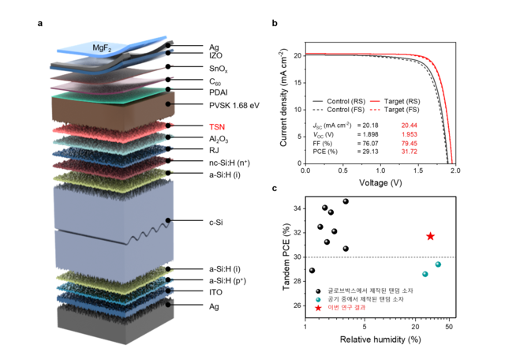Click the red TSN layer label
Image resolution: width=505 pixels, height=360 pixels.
[217, 127]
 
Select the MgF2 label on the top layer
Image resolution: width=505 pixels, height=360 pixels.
[102, 48]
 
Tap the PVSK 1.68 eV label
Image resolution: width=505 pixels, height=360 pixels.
[234, 105]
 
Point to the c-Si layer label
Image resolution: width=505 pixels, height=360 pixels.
[215, 223]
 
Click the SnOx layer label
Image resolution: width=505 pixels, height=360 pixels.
[218, 69]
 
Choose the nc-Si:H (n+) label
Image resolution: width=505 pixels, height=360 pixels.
[230, 163]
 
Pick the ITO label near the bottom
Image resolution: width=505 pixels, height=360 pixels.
[215, 292]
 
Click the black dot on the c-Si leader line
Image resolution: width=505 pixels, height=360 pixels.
[168, 220]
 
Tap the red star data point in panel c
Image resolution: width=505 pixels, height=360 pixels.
[430, 237]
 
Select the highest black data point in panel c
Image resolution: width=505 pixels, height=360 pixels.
[346, 201]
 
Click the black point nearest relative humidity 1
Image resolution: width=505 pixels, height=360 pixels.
[312, 271]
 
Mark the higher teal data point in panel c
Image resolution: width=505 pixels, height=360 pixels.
[438, 264]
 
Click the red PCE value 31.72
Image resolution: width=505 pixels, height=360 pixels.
[409, 152]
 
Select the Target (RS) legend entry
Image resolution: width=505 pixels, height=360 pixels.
[395, 101]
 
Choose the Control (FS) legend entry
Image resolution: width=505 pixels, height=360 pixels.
[339, 110]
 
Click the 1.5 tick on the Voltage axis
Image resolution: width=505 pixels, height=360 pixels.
[418, 171]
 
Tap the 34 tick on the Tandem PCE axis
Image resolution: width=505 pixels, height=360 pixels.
[297, 209]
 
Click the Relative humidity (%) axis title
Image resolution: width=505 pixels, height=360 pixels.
[380, 339]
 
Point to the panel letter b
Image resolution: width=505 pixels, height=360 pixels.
[275, 23]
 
